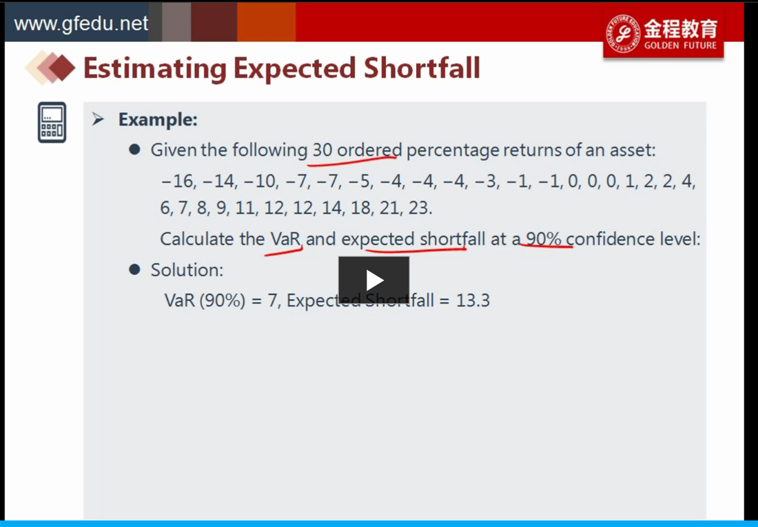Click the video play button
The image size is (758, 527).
[373, 280]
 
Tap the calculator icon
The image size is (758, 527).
[52, 122]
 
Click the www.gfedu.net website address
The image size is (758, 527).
[81, 23]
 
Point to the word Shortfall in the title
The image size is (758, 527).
[422, 68]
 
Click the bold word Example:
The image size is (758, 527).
[158, 119]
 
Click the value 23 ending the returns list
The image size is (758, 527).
[420, 208]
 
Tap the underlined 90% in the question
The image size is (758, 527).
[544, 239]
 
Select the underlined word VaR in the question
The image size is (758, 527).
[286, 239]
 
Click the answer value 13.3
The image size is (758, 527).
[473, 301]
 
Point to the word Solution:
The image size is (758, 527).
[187, 270]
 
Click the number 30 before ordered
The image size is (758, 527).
[322, 150]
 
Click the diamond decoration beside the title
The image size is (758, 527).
[50, 68]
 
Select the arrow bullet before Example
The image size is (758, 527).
[98, 119]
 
